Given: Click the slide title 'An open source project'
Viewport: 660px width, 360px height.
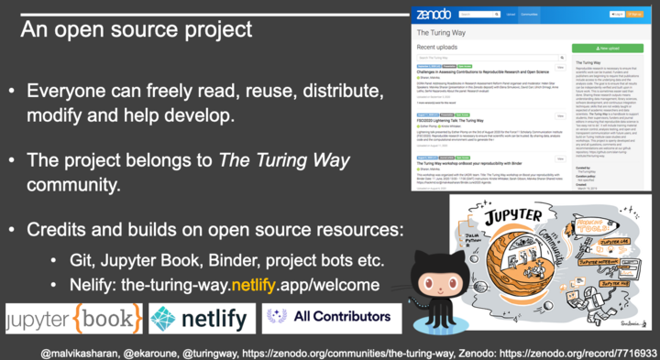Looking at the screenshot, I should tap(137, 28).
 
